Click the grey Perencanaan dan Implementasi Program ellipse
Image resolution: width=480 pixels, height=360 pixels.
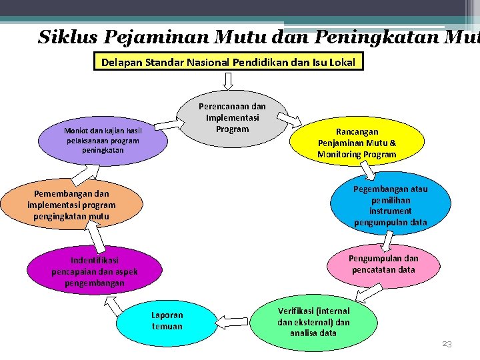pos(233,117)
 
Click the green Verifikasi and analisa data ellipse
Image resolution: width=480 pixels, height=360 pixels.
pos(313,321)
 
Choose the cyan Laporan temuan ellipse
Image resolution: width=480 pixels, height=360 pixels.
pos(167,321)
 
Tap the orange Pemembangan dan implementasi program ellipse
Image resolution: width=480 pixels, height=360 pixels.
pos(71,205)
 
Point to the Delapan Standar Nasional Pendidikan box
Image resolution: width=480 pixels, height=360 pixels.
pos(229,63)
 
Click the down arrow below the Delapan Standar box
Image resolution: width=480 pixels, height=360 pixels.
pos(229,80)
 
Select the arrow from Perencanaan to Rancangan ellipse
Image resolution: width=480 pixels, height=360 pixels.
pos(289,121)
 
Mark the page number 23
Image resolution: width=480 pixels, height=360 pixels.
pos(447,344)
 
